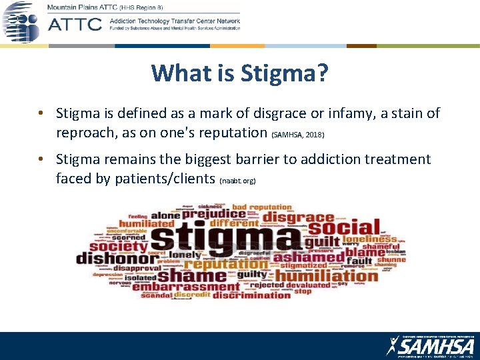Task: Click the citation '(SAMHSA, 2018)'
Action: click(297, 135)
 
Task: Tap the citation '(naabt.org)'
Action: click(238, 181)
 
